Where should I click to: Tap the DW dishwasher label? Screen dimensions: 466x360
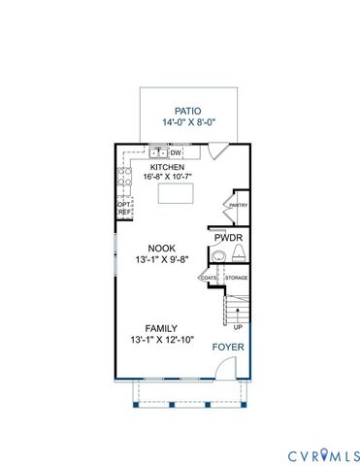pyautogui.click(x=177, y=152)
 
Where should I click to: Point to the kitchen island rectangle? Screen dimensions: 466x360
pyautogui.click(x=180, y=194)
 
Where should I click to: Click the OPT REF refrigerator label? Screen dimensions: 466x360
pyautogui.click(x=123, y=208)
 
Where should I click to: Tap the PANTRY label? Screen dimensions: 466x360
pyautogui.click(x=238, y=205)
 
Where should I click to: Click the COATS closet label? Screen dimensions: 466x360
pyautogui.click(x=210, y=279)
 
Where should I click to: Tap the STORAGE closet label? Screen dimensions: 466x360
pyautogui.click(x=237, y=279)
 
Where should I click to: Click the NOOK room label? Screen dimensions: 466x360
pyautogui.click(x=161, y=248)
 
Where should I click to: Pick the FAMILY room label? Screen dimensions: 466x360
pyautogui.click(x=161, y=328)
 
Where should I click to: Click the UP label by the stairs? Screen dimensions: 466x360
pyautogui.click(x=238, y=327)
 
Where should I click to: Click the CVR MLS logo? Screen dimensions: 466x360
pyautogui.click(x=322, y=454)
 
